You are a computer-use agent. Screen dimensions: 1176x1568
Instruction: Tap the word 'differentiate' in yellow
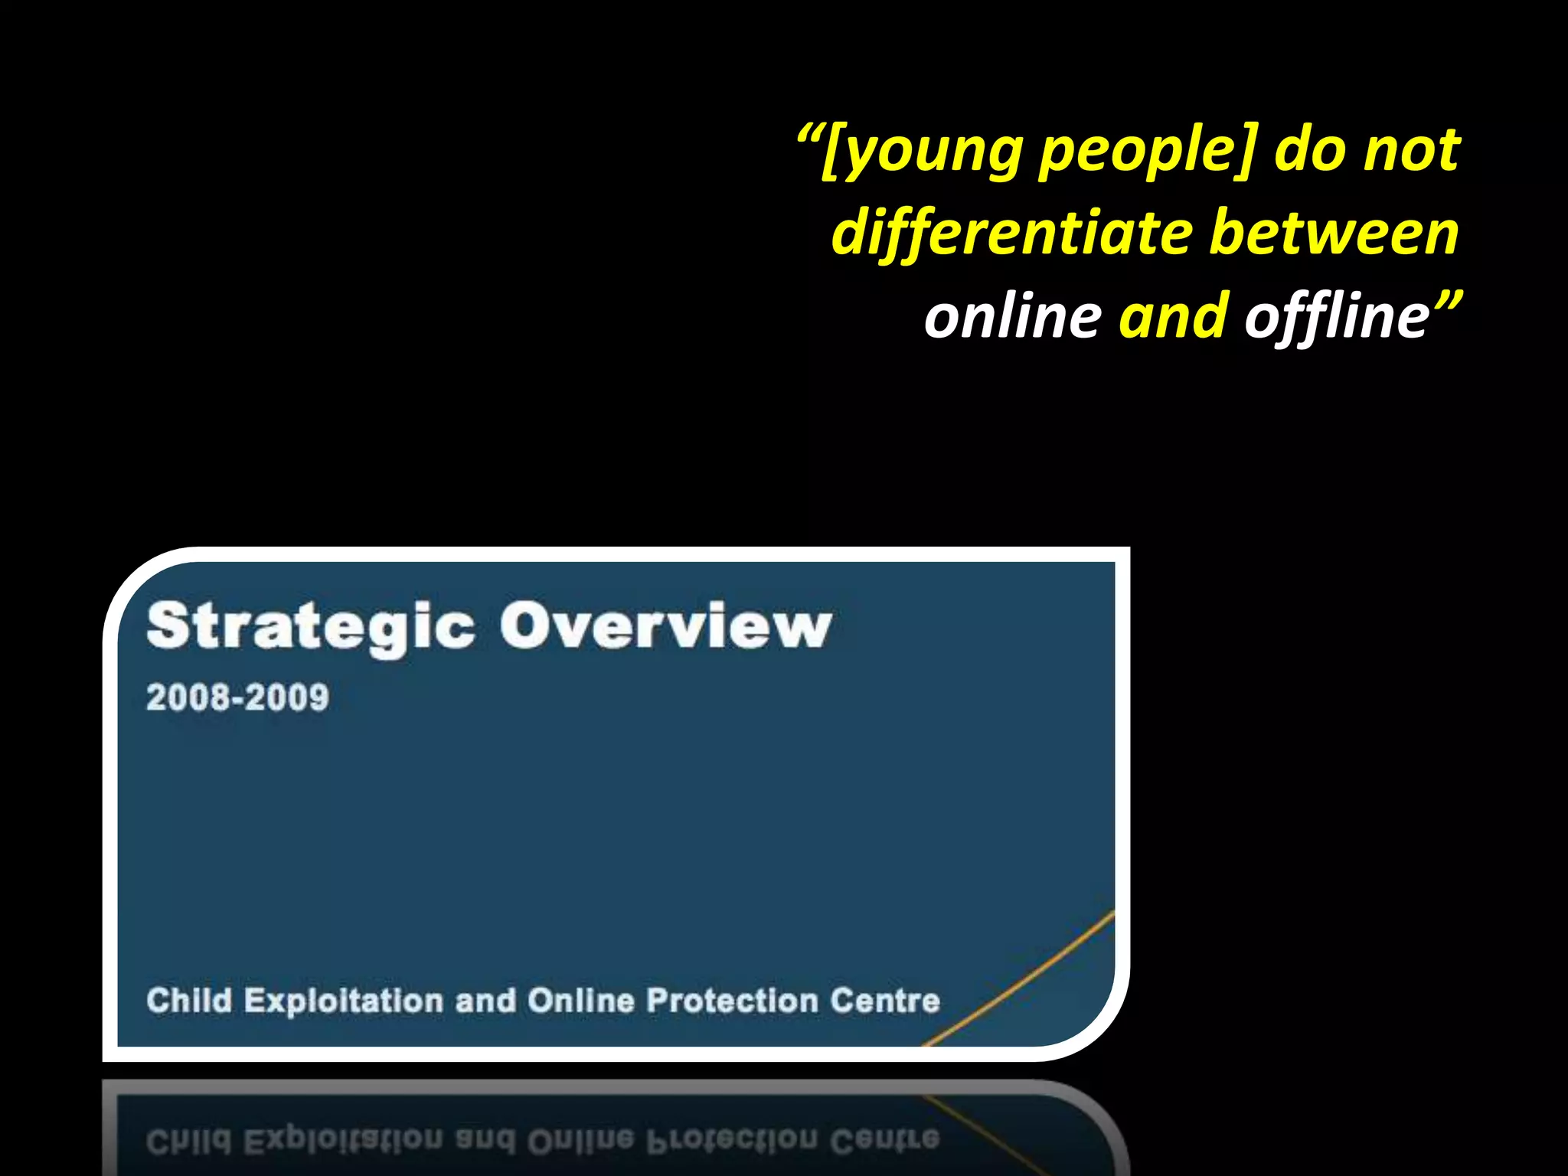[1012, 234]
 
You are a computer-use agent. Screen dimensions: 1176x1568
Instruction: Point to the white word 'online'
[1012, 317]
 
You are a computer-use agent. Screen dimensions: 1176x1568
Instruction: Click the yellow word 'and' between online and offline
[1173, 317]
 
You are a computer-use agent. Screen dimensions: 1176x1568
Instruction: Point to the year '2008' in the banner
[188, 697]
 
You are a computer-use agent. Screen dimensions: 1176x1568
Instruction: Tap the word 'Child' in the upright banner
[188, 1000]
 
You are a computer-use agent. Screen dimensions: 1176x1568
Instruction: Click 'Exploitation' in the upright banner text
[343, 1001]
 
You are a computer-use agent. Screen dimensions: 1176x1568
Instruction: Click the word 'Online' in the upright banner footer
[580, 1001]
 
